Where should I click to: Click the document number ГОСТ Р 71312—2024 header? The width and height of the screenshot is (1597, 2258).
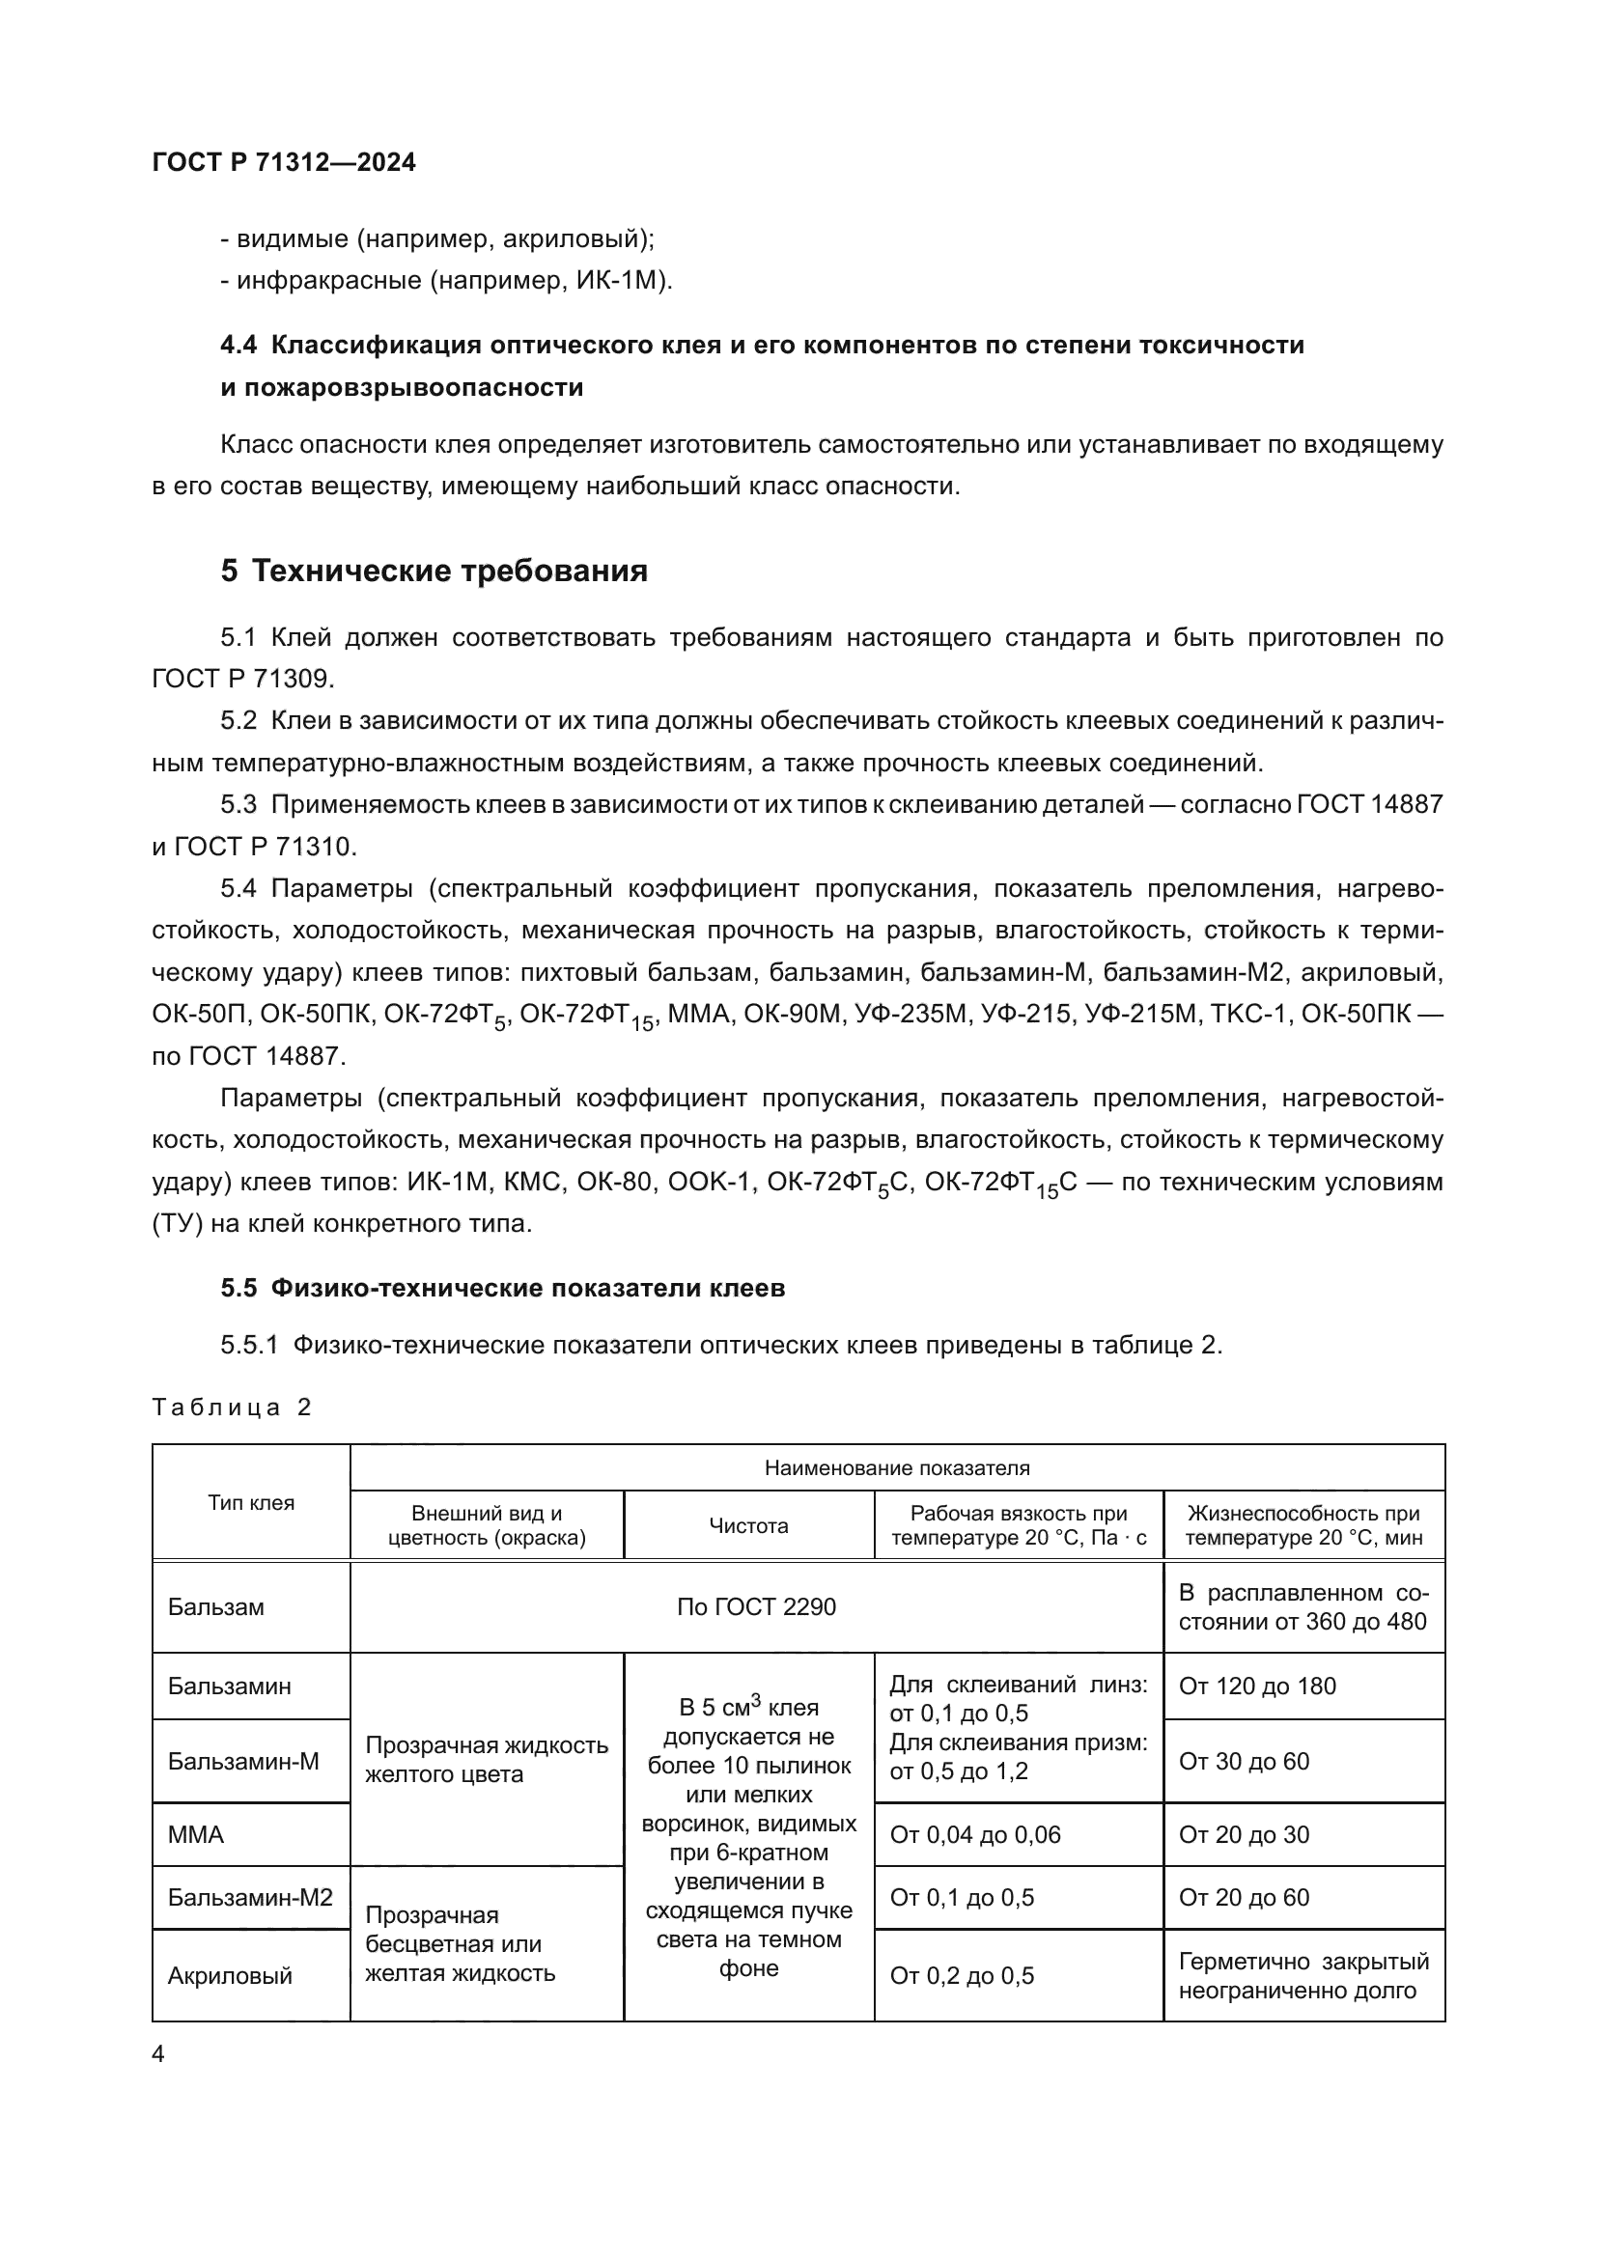click(284, 162)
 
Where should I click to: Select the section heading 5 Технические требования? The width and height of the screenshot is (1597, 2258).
click(434, 571)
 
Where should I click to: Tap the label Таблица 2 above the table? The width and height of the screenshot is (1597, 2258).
click(231, 1408)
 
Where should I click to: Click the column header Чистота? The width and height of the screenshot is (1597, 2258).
click(748, 1525)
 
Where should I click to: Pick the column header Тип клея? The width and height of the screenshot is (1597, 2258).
click(251, 1502)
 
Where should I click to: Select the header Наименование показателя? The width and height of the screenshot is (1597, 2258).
click(897, 1468)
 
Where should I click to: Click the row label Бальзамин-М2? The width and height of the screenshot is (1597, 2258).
click(250, 1897)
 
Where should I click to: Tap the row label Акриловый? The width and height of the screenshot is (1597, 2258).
click(230, 1976)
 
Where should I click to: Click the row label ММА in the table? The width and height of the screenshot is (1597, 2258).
click(196, 1834)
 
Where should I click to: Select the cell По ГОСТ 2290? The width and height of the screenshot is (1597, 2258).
click(755, 1607)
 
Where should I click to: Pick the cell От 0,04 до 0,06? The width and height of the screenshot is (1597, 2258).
click(974, 1834)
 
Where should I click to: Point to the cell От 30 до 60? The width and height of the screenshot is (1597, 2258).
click(1244, 1762)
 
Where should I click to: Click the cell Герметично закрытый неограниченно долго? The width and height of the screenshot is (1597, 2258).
click(1303, 1976)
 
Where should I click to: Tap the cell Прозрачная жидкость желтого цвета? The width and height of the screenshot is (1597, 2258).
click(486, 1760)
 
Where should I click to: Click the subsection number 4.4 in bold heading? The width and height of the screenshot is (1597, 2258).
click(238, 346)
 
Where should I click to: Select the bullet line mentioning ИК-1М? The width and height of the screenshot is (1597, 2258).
click(446, 280)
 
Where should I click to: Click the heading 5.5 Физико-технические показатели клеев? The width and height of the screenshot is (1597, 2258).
click(502, 1289)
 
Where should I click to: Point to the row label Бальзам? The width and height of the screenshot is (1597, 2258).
click(215, 1607)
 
